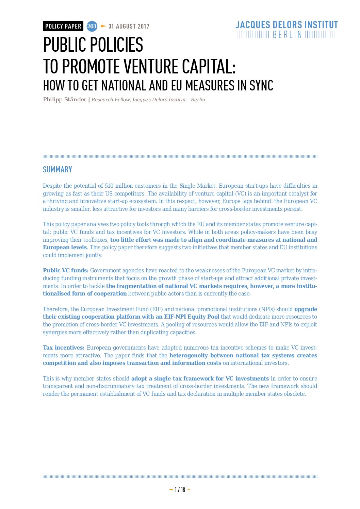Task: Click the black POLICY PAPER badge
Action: pos(63,26)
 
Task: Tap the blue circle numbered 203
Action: pos(92,26)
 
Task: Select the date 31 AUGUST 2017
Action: pos(129,27)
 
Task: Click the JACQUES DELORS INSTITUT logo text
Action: pos(287,25)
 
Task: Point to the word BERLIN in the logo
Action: pos(287,35)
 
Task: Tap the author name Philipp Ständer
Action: pos(65,99)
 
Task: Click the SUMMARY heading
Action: pos(58,170)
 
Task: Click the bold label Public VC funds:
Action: pos(66,270)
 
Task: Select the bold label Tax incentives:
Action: pos(64,347)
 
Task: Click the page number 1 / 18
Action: pos(180,490)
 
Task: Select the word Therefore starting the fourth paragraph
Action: pos(56,309)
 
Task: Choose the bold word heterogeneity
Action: pos(189,355)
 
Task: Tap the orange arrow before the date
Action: pos(103,26)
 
